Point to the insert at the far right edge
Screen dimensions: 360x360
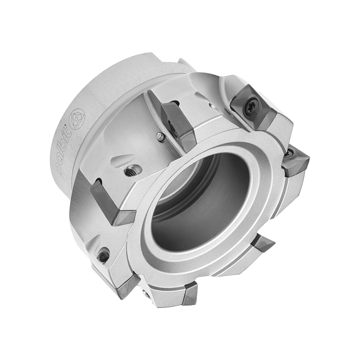tap(296, 162)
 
